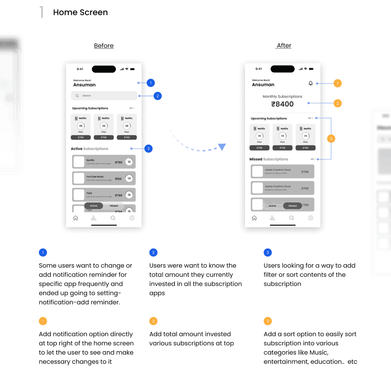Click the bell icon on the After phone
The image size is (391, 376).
click(x=311, y=83)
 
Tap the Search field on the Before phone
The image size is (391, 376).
click(x=104, y=96)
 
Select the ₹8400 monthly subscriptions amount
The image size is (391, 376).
click(x=282, y=104)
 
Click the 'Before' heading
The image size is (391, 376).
click(x=104, y=46)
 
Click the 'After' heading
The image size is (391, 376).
click(x=284, y=45)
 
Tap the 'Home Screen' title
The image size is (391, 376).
click(x=80, y=12)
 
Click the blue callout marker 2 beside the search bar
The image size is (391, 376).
click(x=158, y=96)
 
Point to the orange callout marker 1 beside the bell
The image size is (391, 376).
click(x=338, y=83)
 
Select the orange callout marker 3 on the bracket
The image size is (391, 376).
click(x=331, y=139)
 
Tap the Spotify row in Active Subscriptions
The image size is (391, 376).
click(x=104, y=162)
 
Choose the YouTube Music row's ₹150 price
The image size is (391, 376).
click(x=118, y=179)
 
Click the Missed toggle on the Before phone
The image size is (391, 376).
click(x=114, y=206)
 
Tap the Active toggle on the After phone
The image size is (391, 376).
click(x=272, y=206)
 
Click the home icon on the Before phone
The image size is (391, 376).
click(x=76, y=218)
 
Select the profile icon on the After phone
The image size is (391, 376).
click(x=311, y=218)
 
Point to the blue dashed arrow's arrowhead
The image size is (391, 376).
click(x=222, y=147)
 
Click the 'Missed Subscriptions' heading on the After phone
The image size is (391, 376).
click(x=269, y=159)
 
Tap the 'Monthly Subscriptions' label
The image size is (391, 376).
click(x=282, y=97)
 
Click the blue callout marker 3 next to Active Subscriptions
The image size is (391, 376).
click(x=149, y=148)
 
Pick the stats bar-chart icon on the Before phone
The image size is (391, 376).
click(x=94, y=218)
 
